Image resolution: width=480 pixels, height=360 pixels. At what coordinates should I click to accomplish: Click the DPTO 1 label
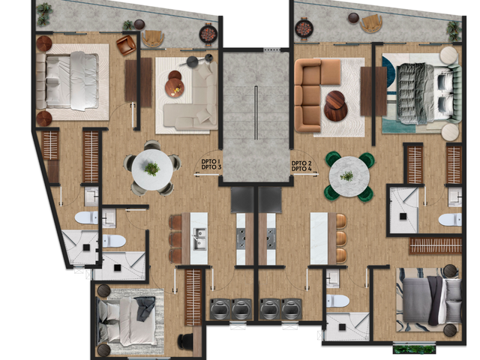point(211,162)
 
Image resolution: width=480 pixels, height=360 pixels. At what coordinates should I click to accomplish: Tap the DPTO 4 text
point(301,169)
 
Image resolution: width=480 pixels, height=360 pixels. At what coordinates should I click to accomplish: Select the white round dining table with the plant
point(152,169)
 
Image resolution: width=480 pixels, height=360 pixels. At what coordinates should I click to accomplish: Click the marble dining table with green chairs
point(349,177)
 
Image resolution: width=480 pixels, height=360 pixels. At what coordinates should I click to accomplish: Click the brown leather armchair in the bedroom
point(126,45)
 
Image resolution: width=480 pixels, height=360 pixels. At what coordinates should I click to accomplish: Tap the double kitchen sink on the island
point(199,238)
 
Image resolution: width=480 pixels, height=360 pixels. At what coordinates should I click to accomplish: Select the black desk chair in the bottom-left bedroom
point(185,340)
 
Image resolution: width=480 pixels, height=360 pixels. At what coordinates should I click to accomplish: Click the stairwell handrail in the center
point(256,112)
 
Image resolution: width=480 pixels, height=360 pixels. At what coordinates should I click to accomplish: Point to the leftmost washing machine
point(220,309)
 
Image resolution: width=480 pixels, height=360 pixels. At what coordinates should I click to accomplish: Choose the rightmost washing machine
point(292,309)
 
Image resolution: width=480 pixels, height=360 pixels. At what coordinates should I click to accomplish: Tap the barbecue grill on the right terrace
point(304,28)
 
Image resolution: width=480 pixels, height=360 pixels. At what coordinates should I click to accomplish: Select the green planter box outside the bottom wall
point(414,349)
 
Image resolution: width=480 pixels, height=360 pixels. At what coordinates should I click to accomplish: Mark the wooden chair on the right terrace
point(371,23)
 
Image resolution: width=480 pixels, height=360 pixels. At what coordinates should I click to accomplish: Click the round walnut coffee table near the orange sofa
point(336,106)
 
